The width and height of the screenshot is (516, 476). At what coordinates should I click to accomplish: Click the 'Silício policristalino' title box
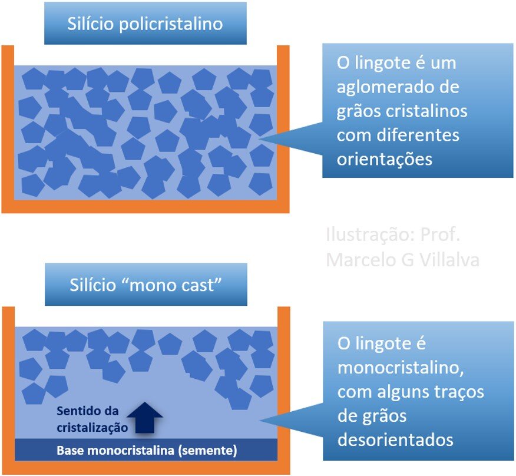click(x=145, y=24)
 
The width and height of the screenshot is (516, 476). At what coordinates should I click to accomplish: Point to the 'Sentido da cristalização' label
click(x=92, y=419)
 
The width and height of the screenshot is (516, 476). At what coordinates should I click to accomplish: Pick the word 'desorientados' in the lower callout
click(x=395, y=439)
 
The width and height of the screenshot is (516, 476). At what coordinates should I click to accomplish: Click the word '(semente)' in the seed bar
click(x=208, y=451)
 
